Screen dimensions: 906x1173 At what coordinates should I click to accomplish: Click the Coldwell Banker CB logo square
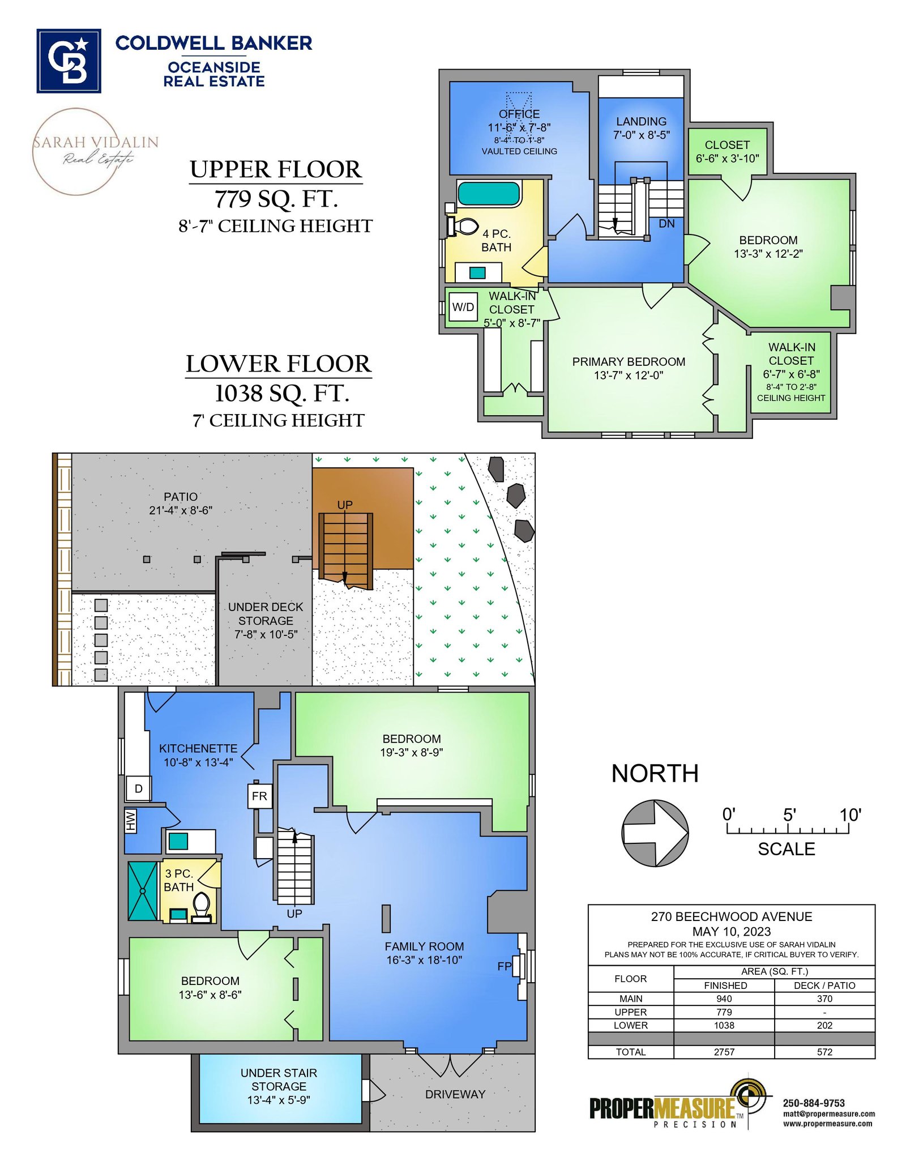69,61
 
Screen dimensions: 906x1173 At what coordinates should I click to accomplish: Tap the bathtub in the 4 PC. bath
488,193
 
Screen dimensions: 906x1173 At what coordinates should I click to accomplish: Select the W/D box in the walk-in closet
463,307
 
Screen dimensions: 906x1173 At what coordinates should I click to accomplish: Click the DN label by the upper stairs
666,224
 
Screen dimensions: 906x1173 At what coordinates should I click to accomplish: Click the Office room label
519,114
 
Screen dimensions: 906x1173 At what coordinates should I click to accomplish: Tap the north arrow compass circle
655,833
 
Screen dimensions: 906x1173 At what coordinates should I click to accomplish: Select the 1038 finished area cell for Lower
724,1025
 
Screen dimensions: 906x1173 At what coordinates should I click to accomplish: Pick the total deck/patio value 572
824,1052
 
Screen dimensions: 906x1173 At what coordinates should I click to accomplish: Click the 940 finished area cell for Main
724,999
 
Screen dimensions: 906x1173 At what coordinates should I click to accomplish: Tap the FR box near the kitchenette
260,796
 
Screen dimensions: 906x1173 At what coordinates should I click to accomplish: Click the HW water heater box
131,821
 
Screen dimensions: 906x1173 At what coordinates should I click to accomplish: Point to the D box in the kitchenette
138,788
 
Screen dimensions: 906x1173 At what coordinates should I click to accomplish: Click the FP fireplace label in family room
504,966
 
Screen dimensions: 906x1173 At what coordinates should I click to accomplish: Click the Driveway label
455,1094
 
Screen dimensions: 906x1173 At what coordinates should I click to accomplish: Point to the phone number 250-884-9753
814,1103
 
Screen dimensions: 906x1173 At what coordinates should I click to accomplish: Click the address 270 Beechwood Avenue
732,916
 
